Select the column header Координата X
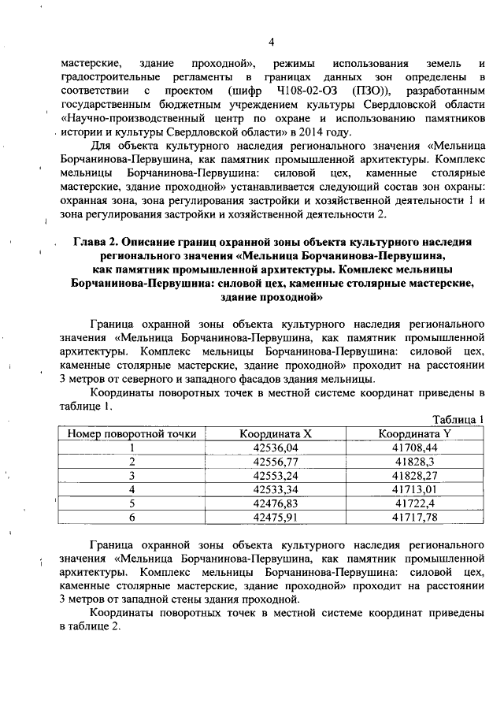[281, 433]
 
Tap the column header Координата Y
[414, 433]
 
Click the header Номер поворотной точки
[132, 433]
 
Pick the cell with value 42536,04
[281, 447]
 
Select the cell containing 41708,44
[414, 447]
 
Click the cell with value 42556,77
[281, 461]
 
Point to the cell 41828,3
[414, 461]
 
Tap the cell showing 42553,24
[281, 475]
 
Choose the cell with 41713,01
[414, 488]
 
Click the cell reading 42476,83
[281, 503]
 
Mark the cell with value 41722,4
[414, 503]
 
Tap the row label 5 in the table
[132, 503]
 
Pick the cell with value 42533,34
[281, 488]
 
